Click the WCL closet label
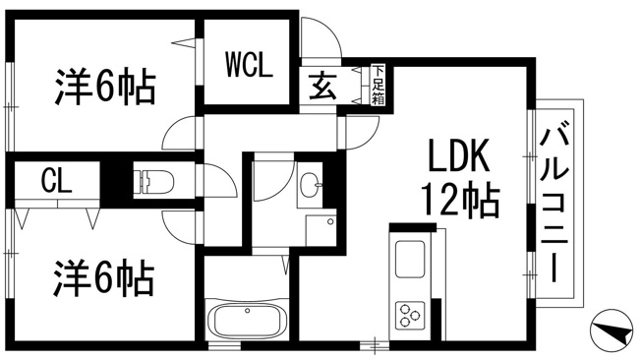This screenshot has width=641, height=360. [x=249, y=65]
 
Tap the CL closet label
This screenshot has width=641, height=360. [x=56, y=180]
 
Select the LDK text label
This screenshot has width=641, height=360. [x=458, y=155]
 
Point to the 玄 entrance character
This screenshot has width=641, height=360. [x=322, y=86]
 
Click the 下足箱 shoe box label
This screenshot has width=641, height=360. [x=379, y=85]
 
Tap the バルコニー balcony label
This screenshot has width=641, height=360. [x=554, y=205]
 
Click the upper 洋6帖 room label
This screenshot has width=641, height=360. [x=105, y=88]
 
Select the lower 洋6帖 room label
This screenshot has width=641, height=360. [x=104, y=279]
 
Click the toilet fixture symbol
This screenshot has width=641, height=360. [x=153, y=180]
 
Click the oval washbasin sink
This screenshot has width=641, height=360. [x=310, y=185]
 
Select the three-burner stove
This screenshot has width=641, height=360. [x=410, y=315]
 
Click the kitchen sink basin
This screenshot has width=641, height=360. [x=410, y=260]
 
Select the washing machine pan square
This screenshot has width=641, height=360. [x=320, y=230]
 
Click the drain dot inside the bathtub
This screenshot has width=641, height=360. [x=247, y=311]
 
